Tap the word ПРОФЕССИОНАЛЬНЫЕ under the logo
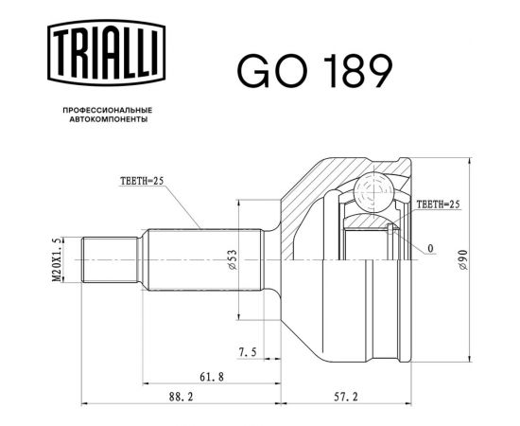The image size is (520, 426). click(x=106, y=111)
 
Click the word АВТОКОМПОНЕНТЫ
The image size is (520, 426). click(x=106, y=121)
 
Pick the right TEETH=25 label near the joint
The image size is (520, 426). click(x=438, y=204)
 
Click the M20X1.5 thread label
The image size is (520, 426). click(x=59, y=257)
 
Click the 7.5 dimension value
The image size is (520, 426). click(x=248, y=352)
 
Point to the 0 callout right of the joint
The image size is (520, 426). click(x=430, y=248)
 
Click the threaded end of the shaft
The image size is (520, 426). click(x=112, y=258)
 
